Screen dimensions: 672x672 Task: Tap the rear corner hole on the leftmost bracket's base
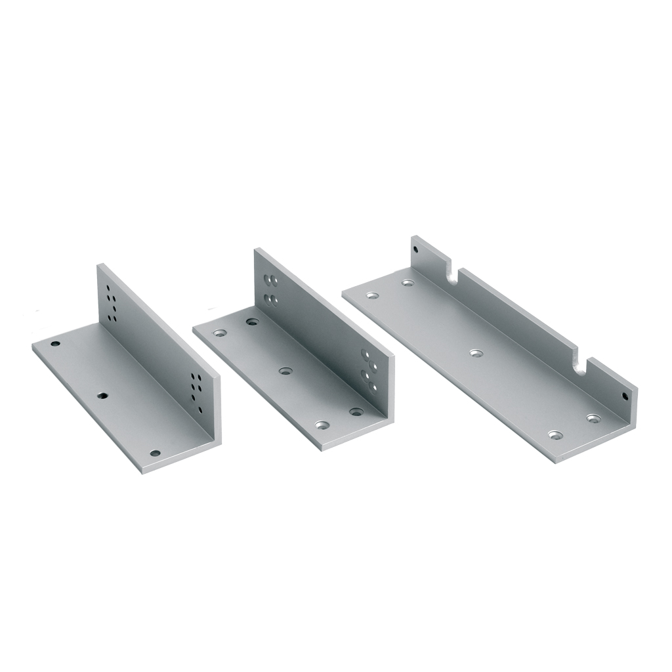pos(56,344)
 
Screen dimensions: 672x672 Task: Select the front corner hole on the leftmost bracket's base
pos(155,453)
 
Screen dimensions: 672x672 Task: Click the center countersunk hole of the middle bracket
pos(284,371)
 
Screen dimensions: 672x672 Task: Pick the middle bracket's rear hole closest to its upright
pos(251,322)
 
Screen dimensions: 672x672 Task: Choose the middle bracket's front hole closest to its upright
pos(356,412)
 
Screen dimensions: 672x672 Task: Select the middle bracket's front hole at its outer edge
pos(321,425)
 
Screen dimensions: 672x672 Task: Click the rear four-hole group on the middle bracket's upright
pos(270,289)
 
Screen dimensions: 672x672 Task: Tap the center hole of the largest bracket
pos(476,353)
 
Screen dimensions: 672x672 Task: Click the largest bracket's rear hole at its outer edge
pos(373,296)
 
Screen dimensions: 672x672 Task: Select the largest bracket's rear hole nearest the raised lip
pos(408,283)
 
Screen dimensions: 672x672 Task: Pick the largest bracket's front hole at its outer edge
pos(556,434)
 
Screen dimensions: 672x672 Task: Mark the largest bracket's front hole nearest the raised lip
pos(594,418)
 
